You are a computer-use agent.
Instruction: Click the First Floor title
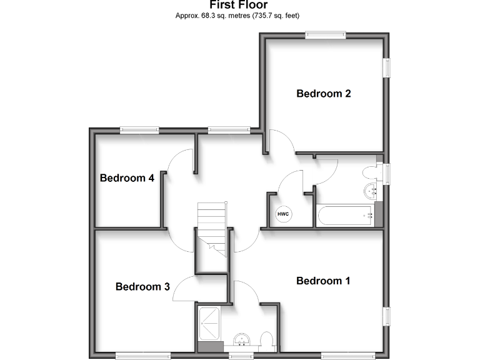[x=239, y=5]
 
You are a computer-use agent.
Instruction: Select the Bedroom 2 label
[x=323, y=94]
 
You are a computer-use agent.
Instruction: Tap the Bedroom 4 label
[x=127, y=178]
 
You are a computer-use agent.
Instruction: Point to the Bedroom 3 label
[x=142, y=287]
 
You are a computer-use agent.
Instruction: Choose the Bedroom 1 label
[x=323, y=281]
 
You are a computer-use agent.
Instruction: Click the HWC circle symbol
[x=283, y=214]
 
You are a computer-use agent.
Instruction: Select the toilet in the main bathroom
[x=370, y=172]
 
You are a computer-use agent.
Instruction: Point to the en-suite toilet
[x=266, y=341]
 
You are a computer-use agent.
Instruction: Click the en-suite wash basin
[x=242, y=340]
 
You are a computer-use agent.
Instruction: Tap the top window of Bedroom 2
[x=326, y=36]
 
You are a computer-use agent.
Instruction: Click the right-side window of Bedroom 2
[x=387, y=68]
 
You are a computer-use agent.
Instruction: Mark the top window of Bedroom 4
[x=139, y=129]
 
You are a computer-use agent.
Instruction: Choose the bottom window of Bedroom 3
[x=143, y=356]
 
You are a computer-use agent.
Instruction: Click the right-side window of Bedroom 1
[x=387, y=316]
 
